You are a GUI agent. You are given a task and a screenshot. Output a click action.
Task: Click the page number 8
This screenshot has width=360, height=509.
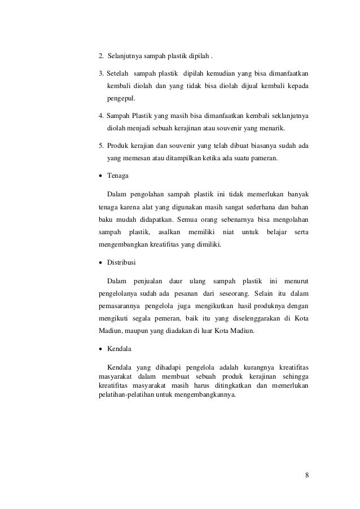[x=306, y=474]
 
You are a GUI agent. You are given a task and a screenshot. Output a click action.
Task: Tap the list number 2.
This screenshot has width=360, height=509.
[x=100, y=56]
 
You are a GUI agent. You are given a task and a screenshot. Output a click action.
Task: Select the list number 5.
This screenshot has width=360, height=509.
[x=100, y=147]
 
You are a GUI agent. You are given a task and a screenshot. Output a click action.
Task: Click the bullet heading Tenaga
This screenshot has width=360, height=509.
[x=118, y=177]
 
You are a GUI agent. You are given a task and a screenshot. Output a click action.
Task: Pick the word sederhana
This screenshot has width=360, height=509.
[x=263, y=208]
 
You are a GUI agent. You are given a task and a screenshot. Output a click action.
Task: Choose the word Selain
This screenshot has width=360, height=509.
[x=265, y=293]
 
